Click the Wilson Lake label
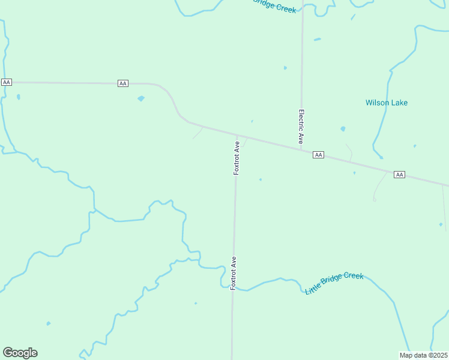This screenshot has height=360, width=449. pos(387,103)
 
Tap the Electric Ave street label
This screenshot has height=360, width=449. pos(301,126)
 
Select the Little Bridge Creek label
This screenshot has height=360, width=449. pos(334,283)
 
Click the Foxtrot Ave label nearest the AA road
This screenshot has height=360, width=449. pos(237,158)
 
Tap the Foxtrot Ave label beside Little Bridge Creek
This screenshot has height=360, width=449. pos(234,274)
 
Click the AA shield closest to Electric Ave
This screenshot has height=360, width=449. pos(318,155)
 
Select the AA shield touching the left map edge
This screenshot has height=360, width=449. pos(7,82)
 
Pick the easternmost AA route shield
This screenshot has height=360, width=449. pos(399,175)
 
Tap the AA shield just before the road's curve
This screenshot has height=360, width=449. pos(123,83)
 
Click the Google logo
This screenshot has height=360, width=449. pos(20,353)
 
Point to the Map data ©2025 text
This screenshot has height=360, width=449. pos(423,355)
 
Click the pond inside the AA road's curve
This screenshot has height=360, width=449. pos(141,98)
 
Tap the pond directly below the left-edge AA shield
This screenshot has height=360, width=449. pos(19,97)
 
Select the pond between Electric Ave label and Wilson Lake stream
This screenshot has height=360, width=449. pos(343,128)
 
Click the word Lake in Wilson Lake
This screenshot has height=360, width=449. pos(398,103)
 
